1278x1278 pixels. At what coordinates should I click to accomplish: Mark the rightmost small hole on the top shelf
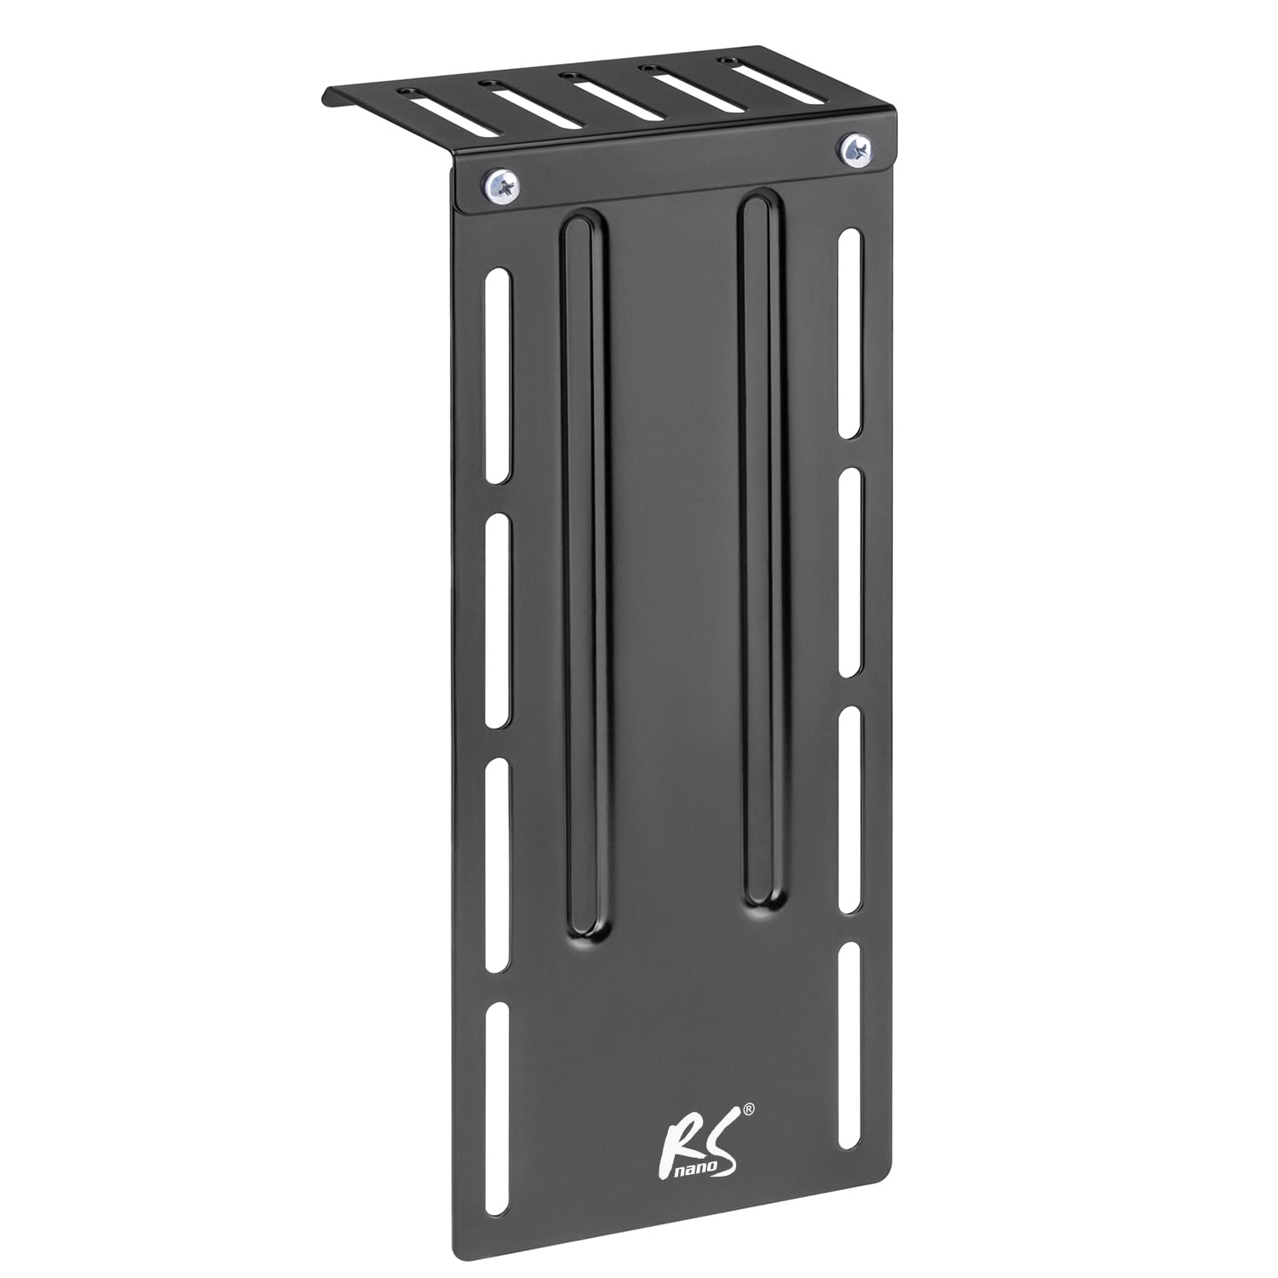727,60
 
